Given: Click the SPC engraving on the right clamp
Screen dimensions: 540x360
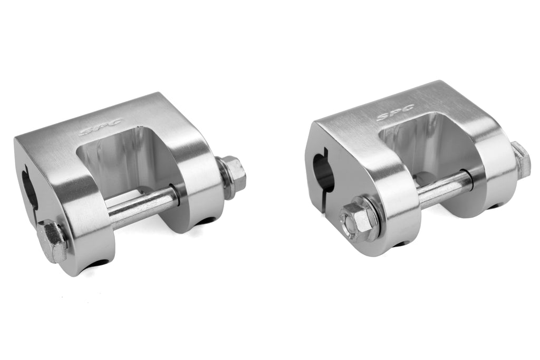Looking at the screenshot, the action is (x=396, y=112).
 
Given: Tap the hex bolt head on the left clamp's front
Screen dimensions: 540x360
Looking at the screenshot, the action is (x=52, y=241).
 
